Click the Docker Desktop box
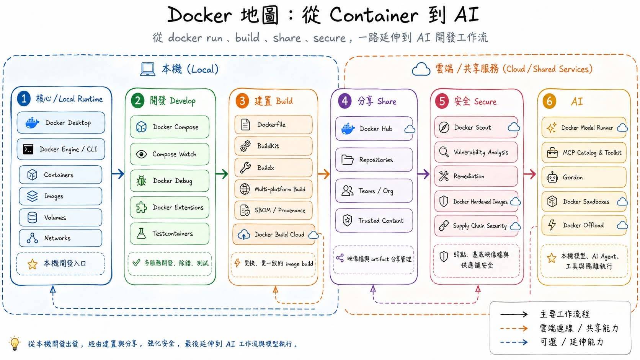click(61, 123)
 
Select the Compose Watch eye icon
click(141, 154)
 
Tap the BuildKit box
click(273, 146)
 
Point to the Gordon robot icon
click(552, 177)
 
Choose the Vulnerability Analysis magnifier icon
click(444, 152)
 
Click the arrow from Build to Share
click(324, 174)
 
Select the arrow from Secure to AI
click(529, 174)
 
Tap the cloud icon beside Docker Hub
click(410, 129)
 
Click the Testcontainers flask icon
click(141, 233)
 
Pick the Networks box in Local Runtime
click(60, 238)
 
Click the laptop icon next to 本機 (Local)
click(148, 69)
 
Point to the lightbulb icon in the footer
click(15, 343)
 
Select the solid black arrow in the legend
click(514, 314)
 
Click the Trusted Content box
click(374, 220)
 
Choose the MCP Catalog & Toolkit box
click(584, 153)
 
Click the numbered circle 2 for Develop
click(138, 101)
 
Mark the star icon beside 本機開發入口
click(32, 264)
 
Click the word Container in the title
click(374, 15)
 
